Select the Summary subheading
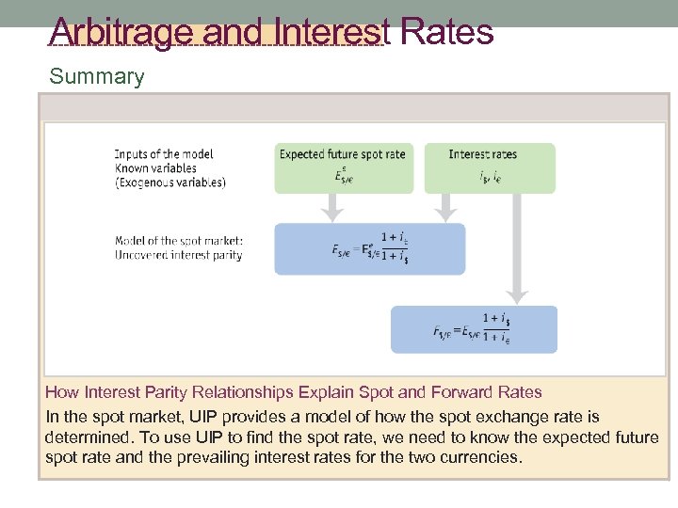[x=97, y=77]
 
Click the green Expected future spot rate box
[x=343, y=167]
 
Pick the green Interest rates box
[x=489, y=167]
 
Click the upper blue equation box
[x=369, y=248]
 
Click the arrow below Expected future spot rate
[x=331, y=206]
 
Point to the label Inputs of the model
[x=164, y=154]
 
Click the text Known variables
[x=156, y=168]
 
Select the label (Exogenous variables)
[x=170, y=183]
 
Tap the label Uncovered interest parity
[x=179, y=255]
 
